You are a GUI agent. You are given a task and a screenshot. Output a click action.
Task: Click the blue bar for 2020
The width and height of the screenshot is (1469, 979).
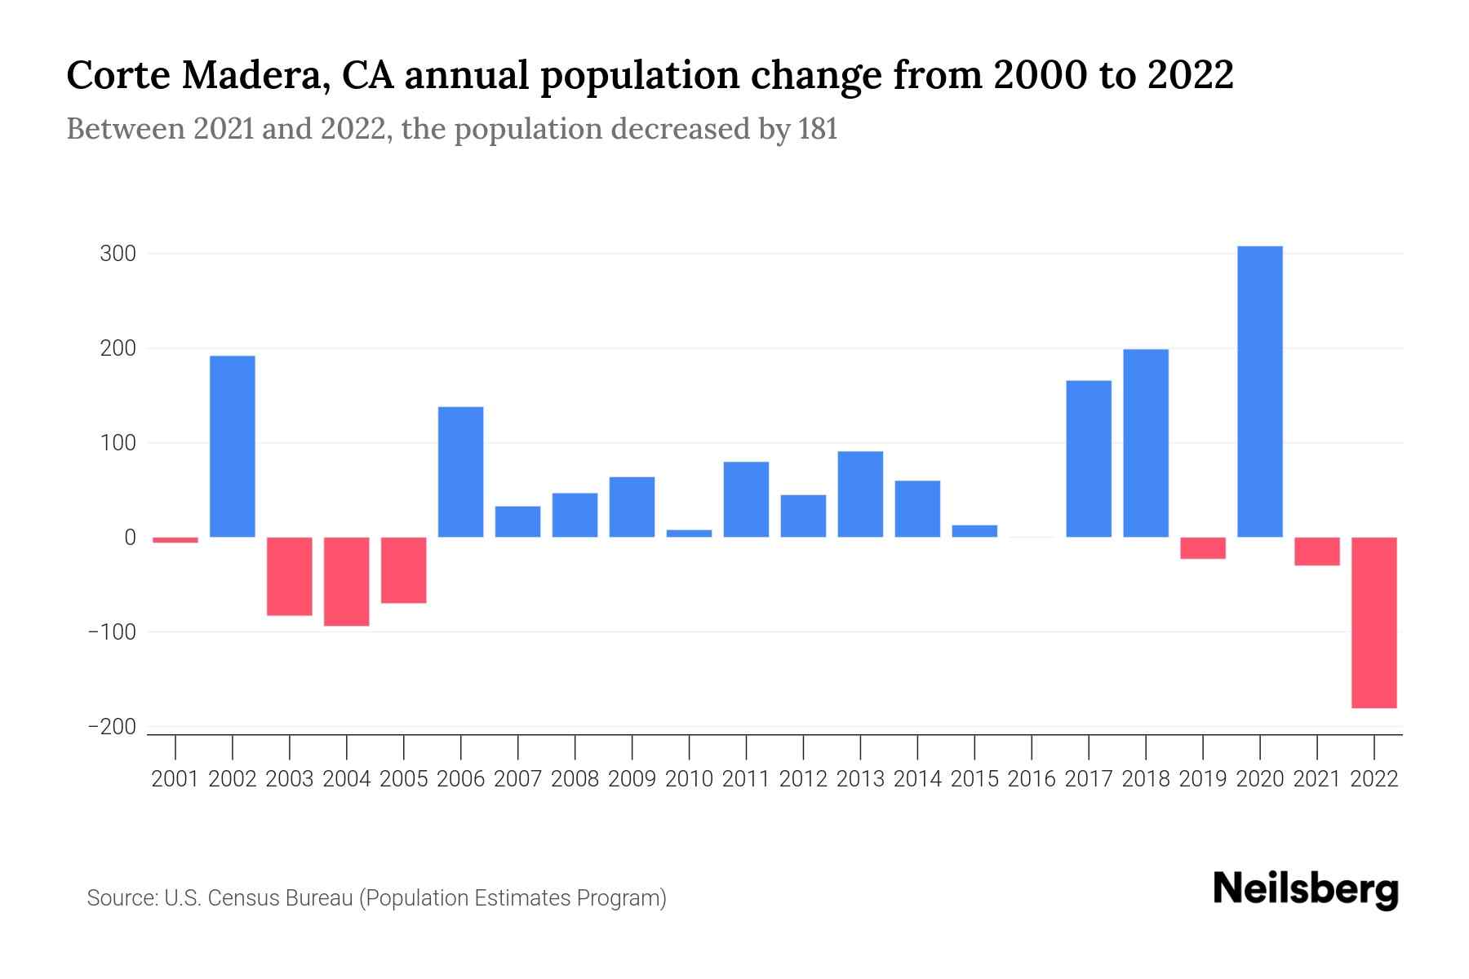click(1259, 392)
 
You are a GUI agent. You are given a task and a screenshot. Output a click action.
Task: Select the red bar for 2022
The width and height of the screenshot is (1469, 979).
click(1374, 622)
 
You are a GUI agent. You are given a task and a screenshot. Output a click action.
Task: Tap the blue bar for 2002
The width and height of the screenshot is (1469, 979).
click(233, 446)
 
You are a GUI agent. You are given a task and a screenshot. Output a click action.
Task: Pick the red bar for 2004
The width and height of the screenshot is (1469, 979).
click(347, 582)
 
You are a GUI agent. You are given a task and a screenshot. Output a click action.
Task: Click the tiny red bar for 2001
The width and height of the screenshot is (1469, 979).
click(175, 540)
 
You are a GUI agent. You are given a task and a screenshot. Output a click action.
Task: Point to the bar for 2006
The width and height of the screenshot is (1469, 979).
click(461, 472)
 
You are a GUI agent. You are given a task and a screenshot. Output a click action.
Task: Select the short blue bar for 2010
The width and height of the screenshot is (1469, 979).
click(689, 534)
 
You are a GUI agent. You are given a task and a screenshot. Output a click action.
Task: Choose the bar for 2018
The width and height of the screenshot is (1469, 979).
click(1146, 443)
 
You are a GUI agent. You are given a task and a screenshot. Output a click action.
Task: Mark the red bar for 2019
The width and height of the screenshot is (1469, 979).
click(1203, 548)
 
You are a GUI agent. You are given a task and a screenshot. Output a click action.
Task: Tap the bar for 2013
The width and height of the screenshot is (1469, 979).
click(860, 494)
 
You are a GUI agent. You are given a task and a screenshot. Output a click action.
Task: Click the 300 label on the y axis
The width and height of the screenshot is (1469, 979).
click(118, 254)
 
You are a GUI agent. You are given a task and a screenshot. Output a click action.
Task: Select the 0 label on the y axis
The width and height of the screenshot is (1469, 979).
click(130, 538)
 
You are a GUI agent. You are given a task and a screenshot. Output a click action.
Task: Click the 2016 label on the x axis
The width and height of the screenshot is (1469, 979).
click(1032, 779)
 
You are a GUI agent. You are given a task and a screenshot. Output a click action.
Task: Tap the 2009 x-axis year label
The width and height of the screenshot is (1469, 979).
click(632, 779)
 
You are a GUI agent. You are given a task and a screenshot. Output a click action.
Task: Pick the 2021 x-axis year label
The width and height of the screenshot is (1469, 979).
click(1316, 779)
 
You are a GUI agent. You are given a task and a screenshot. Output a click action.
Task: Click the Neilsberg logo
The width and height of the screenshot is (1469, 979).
click(1305, 890)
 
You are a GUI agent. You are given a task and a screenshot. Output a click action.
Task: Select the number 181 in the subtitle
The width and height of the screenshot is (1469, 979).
click(818, 130)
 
